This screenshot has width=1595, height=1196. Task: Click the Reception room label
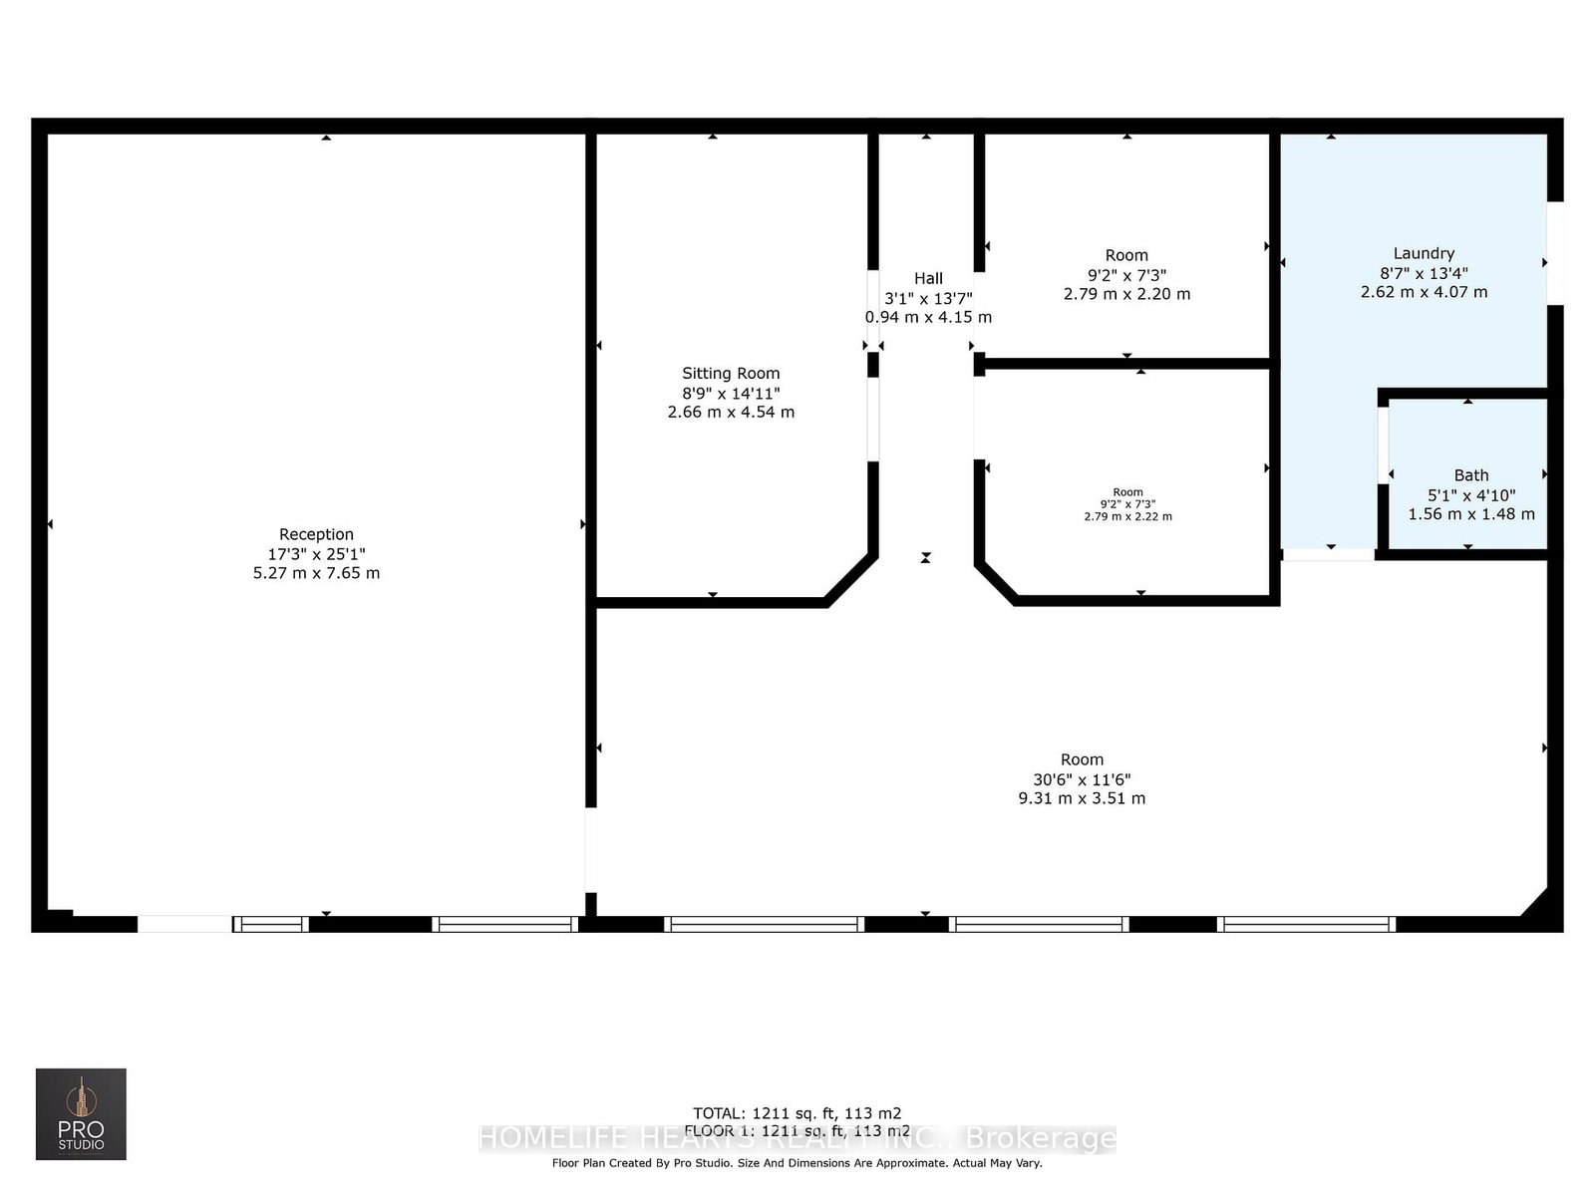click(x=316, y=534)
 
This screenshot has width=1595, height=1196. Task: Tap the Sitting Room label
click(x=731, y=373)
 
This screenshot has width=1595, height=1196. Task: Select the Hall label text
click(x=928, y=278)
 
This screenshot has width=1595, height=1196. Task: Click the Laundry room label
click(x=1424, y=253)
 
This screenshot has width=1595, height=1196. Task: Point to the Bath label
click(x=1470, y=475)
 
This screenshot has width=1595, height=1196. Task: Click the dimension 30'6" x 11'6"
click(x=1082, y=779)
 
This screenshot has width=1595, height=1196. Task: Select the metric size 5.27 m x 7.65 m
click(x=316, y=573)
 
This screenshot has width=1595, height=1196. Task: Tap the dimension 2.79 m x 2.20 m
click(x=1126, y=294)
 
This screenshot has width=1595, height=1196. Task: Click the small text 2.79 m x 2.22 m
click(x=1127, y=516)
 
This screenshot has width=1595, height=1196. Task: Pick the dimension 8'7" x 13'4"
click(x=1424, y=273)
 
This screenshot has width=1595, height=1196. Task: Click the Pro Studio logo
click(x=81, y=1114)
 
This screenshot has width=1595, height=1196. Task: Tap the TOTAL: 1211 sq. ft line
click(x=797, y=1113)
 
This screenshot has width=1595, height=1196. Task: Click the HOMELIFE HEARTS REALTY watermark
click(x=797, y=1138)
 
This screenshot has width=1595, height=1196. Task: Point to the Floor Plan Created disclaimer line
click(x=797, y=1163)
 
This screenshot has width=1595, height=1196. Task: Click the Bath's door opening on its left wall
click(x=1383, y=445)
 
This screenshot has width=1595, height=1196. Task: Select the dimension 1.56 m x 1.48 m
click(x=1470, y=514)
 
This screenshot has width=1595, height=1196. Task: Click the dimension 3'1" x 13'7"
click(x=928, y=298)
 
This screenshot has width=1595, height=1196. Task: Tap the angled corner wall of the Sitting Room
click(x=851, y=580)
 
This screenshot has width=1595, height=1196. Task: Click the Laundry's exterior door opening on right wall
click(x=1554, y=253)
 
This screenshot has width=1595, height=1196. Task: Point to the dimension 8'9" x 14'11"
click(x=731, y=393)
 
